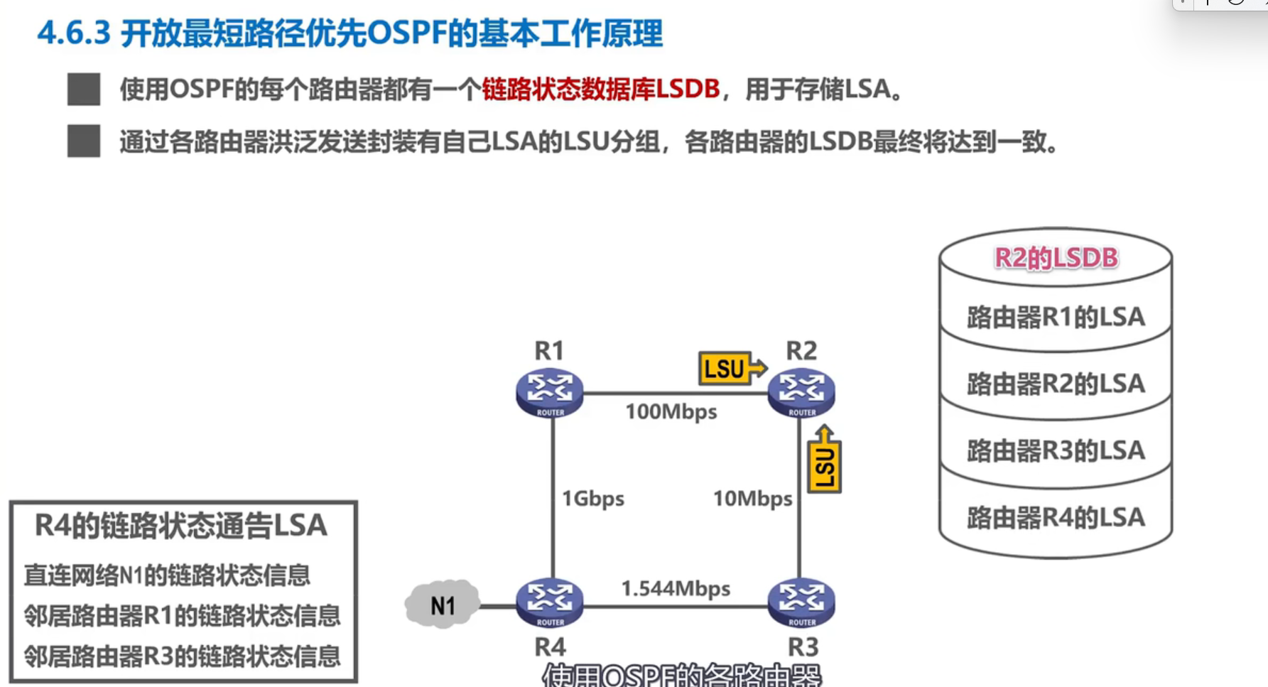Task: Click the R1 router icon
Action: pyautogui.click(x=549, y=391)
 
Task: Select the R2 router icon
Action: pyautogui.click(x=801, y=391)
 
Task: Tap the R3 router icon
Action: pyautogui.click(x=801, y=602)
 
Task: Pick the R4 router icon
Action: pyautogui.click(x=549, y=602)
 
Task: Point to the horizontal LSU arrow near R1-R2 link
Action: pyautogui.click(x=731, y=368)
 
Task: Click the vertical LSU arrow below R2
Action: pyautogui.click(x=824, y=460)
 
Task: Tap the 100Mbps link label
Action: pyautogui.click(x=671, y=411)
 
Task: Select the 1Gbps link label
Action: pyautogui.click(x=592, y=498)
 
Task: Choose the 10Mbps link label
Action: pyautogui.click(x=752, y=498)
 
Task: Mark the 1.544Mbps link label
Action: pyautogui.click(x=675, y=588)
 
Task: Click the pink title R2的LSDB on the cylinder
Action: pyautogui.click(x=1056, y=258)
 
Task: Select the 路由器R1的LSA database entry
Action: pyautogui.click(x=1056, y=317)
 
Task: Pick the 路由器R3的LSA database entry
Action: pyautogui.click(x=1056, y=450)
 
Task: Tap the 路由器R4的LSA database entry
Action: pyautogui.click(x=1056, y=517)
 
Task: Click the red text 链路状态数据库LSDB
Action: pyautogui.click(x=600, y=90)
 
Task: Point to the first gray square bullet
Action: pyautogui.click(x=84, y=90)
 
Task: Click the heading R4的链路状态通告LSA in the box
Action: pyautogui.click(x=181, y=526)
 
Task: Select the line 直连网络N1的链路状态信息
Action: pyautogui.click(x=167, y=575)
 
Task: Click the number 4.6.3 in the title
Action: pyautogui.click(x=74, y=33)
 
